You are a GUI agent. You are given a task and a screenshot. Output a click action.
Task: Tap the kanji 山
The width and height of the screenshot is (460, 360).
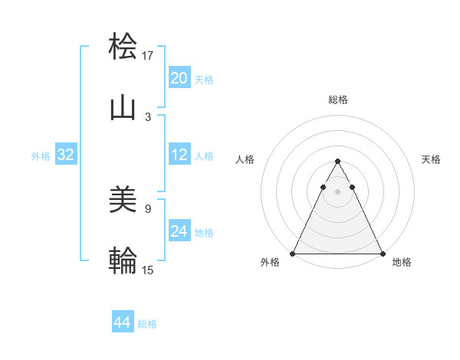[x=123, y=107]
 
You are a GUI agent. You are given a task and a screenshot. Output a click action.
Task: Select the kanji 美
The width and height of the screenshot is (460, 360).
[x=123, y=201]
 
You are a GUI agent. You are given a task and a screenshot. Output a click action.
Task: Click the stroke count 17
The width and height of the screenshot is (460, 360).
[x=148, y=56]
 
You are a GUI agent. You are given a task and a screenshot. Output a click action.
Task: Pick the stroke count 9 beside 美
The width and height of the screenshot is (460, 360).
[x=148, y=208]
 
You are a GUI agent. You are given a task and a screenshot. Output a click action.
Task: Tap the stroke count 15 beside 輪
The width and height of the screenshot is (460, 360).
[x=148, y=269]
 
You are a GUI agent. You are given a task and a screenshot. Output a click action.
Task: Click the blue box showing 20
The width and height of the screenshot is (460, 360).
[x=179, y=78]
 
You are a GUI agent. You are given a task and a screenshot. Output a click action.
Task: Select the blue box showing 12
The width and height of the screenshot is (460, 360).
[x=179, y=155]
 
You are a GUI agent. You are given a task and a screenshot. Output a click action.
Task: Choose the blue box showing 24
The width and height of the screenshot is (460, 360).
[x=179, y=231]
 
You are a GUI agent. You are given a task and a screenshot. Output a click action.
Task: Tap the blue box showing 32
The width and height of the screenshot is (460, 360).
[x=66, y=155]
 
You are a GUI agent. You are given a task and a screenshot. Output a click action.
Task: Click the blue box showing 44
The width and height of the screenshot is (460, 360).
[x=123, y=322]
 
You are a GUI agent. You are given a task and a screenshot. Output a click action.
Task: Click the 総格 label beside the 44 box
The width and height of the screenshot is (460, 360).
[x=147, y=324]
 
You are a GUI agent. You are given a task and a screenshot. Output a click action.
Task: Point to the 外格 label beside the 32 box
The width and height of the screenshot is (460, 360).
[x=41, y=156]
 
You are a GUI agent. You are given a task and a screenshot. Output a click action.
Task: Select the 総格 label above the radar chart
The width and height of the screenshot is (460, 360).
[x=338, y=100]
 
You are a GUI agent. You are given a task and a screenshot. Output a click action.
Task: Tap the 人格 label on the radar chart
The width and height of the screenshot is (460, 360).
[x=245, y=159]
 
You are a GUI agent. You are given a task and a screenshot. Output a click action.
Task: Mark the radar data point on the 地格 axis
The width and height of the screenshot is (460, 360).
[x=382, y=254]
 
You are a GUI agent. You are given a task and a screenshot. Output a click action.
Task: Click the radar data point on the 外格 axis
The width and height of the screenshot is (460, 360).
[x=293, y=254]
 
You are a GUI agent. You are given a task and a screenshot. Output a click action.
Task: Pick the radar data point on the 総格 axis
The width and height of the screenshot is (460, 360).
[x=337, y=162]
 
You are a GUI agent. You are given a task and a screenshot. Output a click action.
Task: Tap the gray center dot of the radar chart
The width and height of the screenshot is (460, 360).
[x=337, y=191]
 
